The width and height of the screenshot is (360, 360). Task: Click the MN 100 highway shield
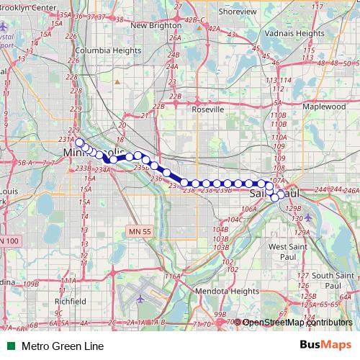click(x=11, y=240)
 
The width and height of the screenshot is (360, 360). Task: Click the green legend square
click(x=9, y=346)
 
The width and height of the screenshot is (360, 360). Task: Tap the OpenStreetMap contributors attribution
click(x=297, y=323)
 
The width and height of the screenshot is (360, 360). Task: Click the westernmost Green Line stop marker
click(x=79, y=142)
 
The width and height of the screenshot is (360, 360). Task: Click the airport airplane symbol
click(x=141, y=296)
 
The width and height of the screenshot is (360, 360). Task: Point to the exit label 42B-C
click(x=193, y=19)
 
